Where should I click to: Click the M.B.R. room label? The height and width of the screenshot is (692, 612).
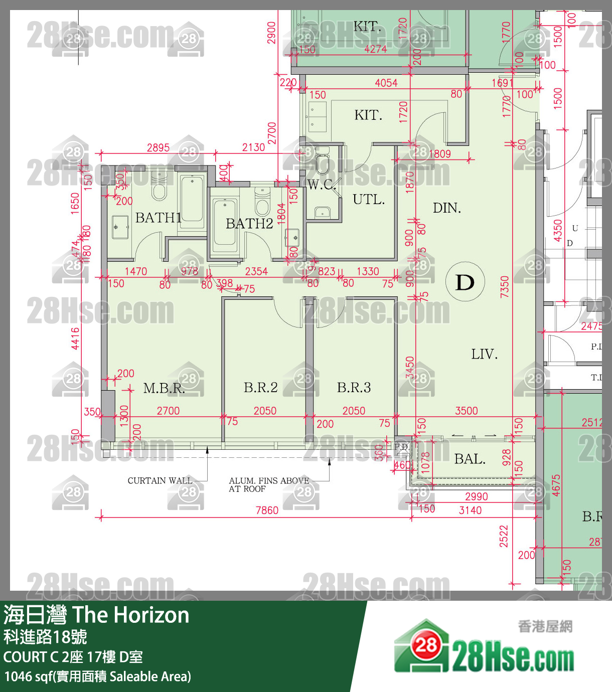[164, 388]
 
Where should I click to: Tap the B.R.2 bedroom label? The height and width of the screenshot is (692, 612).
[260, 387]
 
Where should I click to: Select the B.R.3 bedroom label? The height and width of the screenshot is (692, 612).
[354, 387]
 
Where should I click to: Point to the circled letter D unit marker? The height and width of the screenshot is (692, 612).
[465, 282]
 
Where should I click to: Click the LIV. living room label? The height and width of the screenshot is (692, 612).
[484, 355]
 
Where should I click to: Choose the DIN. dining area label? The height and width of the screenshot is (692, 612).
[446, 208]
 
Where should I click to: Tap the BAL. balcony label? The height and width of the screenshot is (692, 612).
[470, 459]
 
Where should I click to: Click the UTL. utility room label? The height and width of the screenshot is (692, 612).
[369, 200]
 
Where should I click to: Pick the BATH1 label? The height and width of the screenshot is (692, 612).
[158, 218]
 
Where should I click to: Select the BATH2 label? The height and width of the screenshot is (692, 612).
[249, 223]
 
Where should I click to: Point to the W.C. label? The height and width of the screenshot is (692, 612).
[322, 185]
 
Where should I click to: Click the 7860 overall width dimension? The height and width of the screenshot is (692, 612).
[267, 510]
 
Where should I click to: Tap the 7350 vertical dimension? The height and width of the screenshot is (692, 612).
[505, 286]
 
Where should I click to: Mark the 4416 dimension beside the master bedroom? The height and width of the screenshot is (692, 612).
[75, 338]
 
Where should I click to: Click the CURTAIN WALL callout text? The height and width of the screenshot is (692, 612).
[160, 480]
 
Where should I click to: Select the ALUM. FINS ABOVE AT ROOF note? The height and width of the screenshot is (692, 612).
[268, 484]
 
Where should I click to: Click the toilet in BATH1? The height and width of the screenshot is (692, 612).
[159, 189]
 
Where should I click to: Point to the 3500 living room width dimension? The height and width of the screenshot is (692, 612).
[466, 411]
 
